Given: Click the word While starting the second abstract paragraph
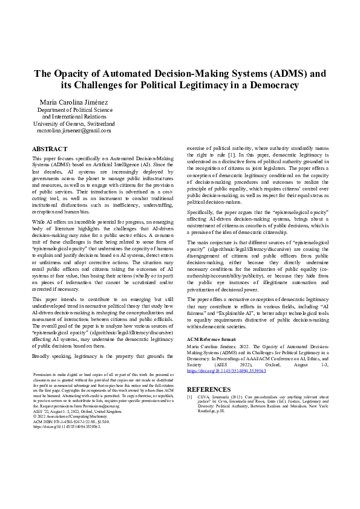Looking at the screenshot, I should (x=39, y=222).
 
